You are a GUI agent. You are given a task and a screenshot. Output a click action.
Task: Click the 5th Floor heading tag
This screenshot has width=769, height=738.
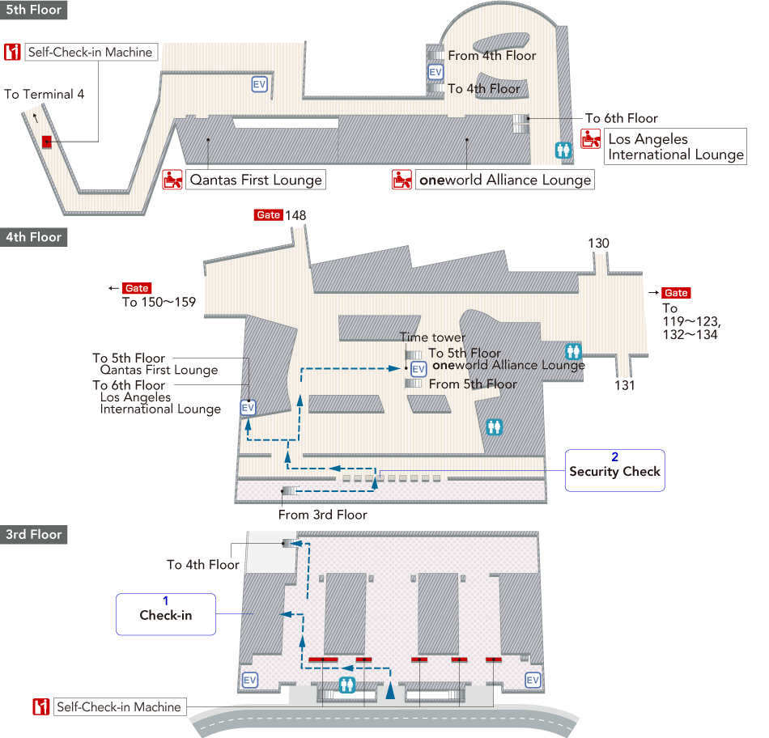[x=33, y=11]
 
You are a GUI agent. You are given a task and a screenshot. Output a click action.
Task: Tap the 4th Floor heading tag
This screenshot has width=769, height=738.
[x=33, y=237]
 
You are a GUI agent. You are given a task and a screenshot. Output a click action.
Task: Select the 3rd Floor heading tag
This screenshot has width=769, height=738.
[x=33, y=535]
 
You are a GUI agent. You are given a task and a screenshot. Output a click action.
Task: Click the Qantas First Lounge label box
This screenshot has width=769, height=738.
[x=255, y=180]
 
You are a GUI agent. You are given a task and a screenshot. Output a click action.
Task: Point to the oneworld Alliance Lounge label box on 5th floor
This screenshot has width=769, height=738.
[x=504, y=180]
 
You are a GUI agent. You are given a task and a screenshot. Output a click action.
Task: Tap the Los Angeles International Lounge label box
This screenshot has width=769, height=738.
[x=675, y=146]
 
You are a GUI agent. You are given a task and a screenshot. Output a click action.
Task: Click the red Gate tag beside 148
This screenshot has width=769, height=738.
[x=267, y=215]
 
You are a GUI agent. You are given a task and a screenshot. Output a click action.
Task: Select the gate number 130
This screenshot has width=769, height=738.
[x=599, y=244]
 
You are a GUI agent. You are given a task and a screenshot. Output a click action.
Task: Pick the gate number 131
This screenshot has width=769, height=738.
[x=624, y=386]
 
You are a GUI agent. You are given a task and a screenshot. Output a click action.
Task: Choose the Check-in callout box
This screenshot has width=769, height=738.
[x=165, y=614]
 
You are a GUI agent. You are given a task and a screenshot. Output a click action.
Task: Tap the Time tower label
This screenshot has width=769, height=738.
[x=432, y=337]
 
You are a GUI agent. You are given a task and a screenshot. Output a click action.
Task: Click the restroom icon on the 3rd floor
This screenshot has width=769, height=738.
[x=347, y=685]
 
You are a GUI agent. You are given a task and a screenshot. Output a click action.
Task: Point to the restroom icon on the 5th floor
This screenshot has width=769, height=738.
[x=563, y=150]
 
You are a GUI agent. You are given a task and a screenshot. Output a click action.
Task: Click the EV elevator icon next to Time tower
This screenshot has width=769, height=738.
[x=418, y=369]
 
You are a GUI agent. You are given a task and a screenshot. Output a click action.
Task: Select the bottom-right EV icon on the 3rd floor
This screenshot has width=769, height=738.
[x=533, y=681]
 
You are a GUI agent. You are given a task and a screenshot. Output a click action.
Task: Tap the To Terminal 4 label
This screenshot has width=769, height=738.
[x=45, y=94]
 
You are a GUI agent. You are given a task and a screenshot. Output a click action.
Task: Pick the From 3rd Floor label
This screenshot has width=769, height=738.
[x=323, y=515]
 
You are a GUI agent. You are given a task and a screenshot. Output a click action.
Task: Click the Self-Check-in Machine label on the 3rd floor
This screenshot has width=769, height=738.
[x=118, y=706]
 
